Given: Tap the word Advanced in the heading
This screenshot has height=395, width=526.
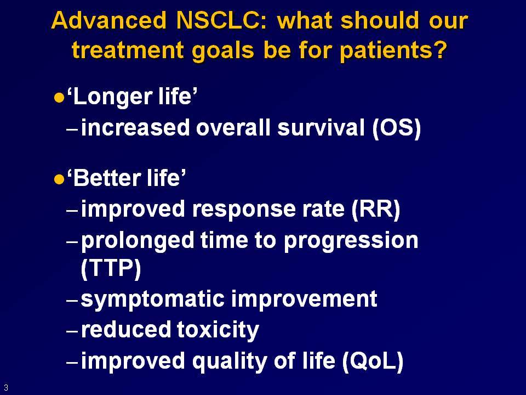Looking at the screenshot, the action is [109, 20].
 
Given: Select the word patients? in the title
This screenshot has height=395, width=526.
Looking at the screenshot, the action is [393, 51].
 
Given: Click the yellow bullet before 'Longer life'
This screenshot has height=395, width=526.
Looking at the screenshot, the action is [59, 98].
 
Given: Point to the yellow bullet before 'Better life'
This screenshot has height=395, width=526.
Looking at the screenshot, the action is [59, 179].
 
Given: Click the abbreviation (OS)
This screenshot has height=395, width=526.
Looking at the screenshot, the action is [397, 128].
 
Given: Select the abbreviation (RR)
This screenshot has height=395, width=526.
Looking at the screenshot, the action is [376, 210].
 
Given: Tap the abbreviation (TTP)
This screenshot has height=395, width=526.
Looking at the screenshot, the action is [111, 269].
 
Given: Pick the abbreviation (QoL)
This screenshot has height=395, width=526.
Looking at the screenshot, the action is [373, 362].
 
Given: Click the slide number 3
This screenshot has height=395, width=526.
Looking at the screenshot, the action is [6, 387].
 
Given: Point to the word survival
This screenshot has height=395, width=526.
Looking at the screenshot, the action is [321, 128].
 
